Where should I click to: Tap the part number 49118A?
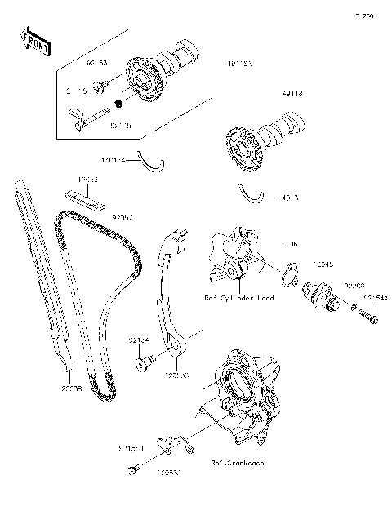point(240,63)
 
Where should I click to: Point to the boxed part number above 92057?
point(88,178)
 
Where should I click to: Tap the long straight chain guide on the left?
point(41,277)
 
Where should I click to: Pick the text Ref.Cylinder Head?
point(238,298)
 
